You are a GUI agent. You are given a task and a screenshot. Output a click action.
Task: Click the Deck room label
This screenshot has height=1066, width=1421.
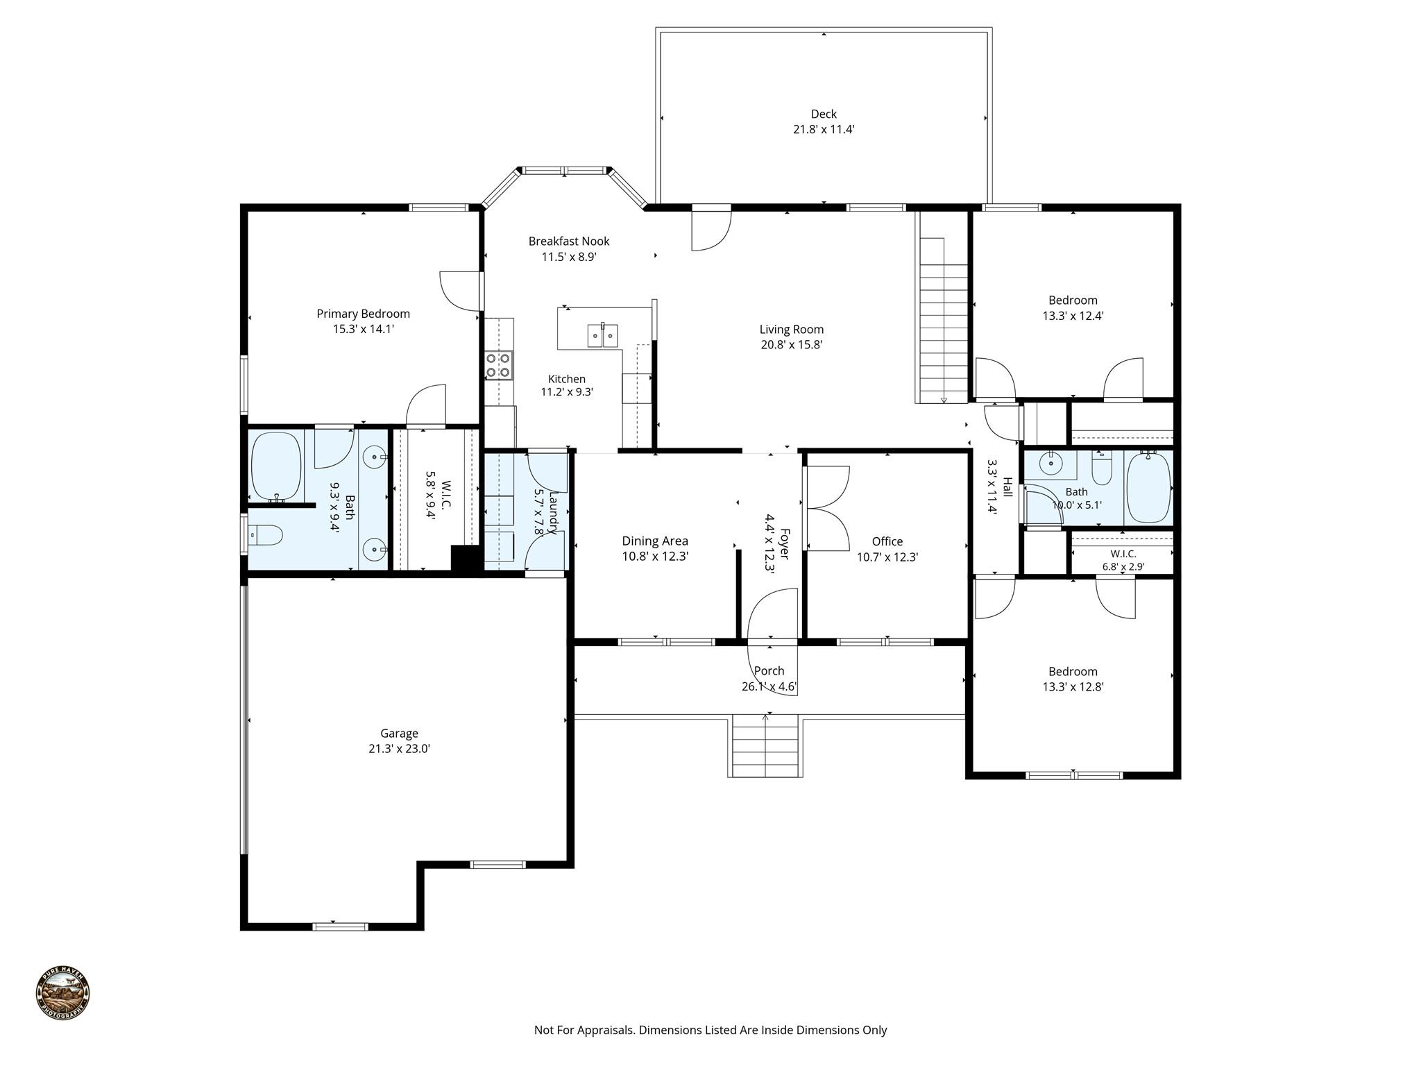pyautogui.click(x=824, y=114)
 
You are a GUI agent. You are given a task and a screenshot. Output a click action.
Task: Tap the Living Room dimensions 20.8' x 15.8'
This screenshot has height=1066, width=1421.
pyautogui.click(x=791, y=345)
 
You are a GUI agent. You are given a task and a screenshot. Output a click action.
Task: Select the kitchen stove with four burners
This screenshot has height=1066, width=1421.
pyautogui.click(x=499, y=366)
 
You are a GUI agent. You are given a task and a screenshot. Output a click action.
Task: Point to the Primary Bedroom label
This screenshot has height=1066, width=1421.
pyautogui.click(x=363, y=314)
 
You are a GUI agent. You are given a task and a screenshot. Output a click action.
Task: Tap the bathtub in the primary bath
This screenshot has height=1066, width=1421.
pyautogui.click(x=276, y=468)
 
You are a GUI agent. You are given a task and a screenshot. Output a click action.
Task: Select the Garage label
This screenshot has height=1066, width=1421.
pyautogui.click(x=399, y=734)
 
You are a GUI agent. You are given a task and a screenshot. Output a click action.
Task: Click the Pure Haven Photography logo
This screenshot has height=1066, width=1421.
pyautogui.click(x=62, y=993)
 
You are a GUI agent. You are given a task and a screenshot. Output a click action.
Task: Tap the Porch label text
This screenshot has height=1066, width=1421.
pyautogui.click(x=769, y=671)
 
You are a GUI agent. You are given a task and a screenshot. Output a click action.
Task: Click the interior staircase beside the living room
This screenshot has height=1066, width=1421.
pyautogui.click(x=943, y=320)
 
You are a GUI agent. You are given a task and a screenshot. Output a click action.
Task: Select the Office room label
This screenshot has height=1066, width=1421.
pyautogui.click(x=887, y=541)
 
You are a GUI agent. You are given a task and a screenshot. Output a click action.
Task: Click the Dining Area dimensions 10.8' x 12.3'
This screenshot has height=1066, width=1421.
pyautogui.click(x=655, y=557)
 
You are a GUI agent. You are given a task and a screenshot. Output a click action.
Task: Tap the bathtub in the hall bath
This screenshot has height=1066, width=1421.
pyautogui.click(x=1148, y=487)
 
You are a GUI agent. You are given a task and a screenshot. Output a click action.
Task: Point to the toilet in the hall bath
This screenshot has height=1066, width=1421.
pyautogui.click(x=1101, y=469)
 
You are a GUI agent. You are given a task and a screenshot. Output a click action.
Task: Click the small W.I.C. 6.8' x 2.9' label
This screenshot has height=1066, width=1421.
pyautogui.click(x=1123, y=560)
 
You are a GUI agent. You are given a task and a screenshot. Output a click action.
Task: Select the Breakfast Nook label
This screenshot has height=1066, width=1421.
pyautogui.click(x=569, y=242)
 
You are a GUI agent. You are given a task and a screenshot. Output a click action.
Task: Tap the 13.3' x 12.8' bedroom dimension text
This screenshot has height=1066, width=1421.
pyautogui.click(x=1073, y=687)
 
